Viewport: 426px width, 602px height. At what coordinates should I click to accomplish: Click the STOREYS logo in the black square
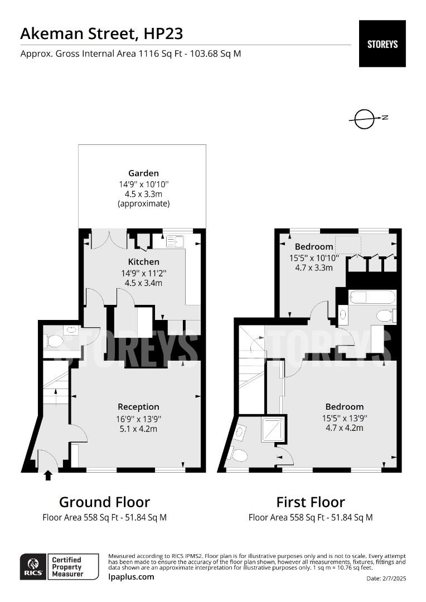[x=382, y=44]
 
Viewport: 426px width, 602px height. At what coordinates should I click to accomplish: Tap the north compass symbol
[x=366, y=118]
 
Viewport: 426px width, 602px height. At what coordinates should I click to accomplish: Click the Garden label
[x=143, y=173]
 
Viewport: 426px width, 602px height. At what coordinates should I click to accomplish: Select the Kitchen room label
[x=144, y=261]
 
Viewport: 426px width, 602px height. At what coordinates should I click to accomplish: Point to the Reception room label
[x=138, y=407]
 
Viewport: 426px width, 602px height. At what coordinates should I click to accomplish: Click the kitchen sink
[x=176, y=241]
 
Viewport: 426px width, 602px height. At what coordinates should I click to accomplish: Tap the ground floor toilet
[x=56, y=340]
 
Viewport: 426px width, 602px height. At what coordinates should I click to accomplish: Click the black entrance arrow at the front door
[x=48, y=475]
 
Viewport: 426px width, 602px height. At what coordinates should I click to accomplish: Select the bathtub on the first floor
[x=372, y=297]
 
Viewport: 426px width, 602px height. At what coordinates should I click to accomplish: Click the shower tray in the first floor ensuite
[x=273, y=430]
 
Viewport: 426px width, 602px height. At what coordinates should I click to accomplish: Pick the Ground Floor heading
[x=104, y=502]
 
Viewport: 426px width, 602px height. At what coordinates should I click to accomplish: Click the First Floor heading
[x=311, y=502]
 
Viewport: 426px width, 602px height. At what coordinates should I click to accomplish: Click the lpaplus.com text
[x=131, y=576]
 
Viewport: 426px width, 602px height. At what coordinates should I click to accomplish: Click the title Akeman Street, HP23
[x=101, y=34]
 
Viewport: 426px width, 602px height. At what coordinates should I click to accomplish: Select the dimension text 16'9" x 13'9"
[x=139, y=418]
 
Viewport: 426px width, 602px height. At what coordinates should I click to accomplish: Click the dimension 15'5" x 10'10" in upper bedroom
[x=314, y=258]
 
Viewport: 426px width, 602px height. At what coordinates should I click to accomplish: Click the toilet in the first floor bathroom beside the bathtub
[x=384, y=315]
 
